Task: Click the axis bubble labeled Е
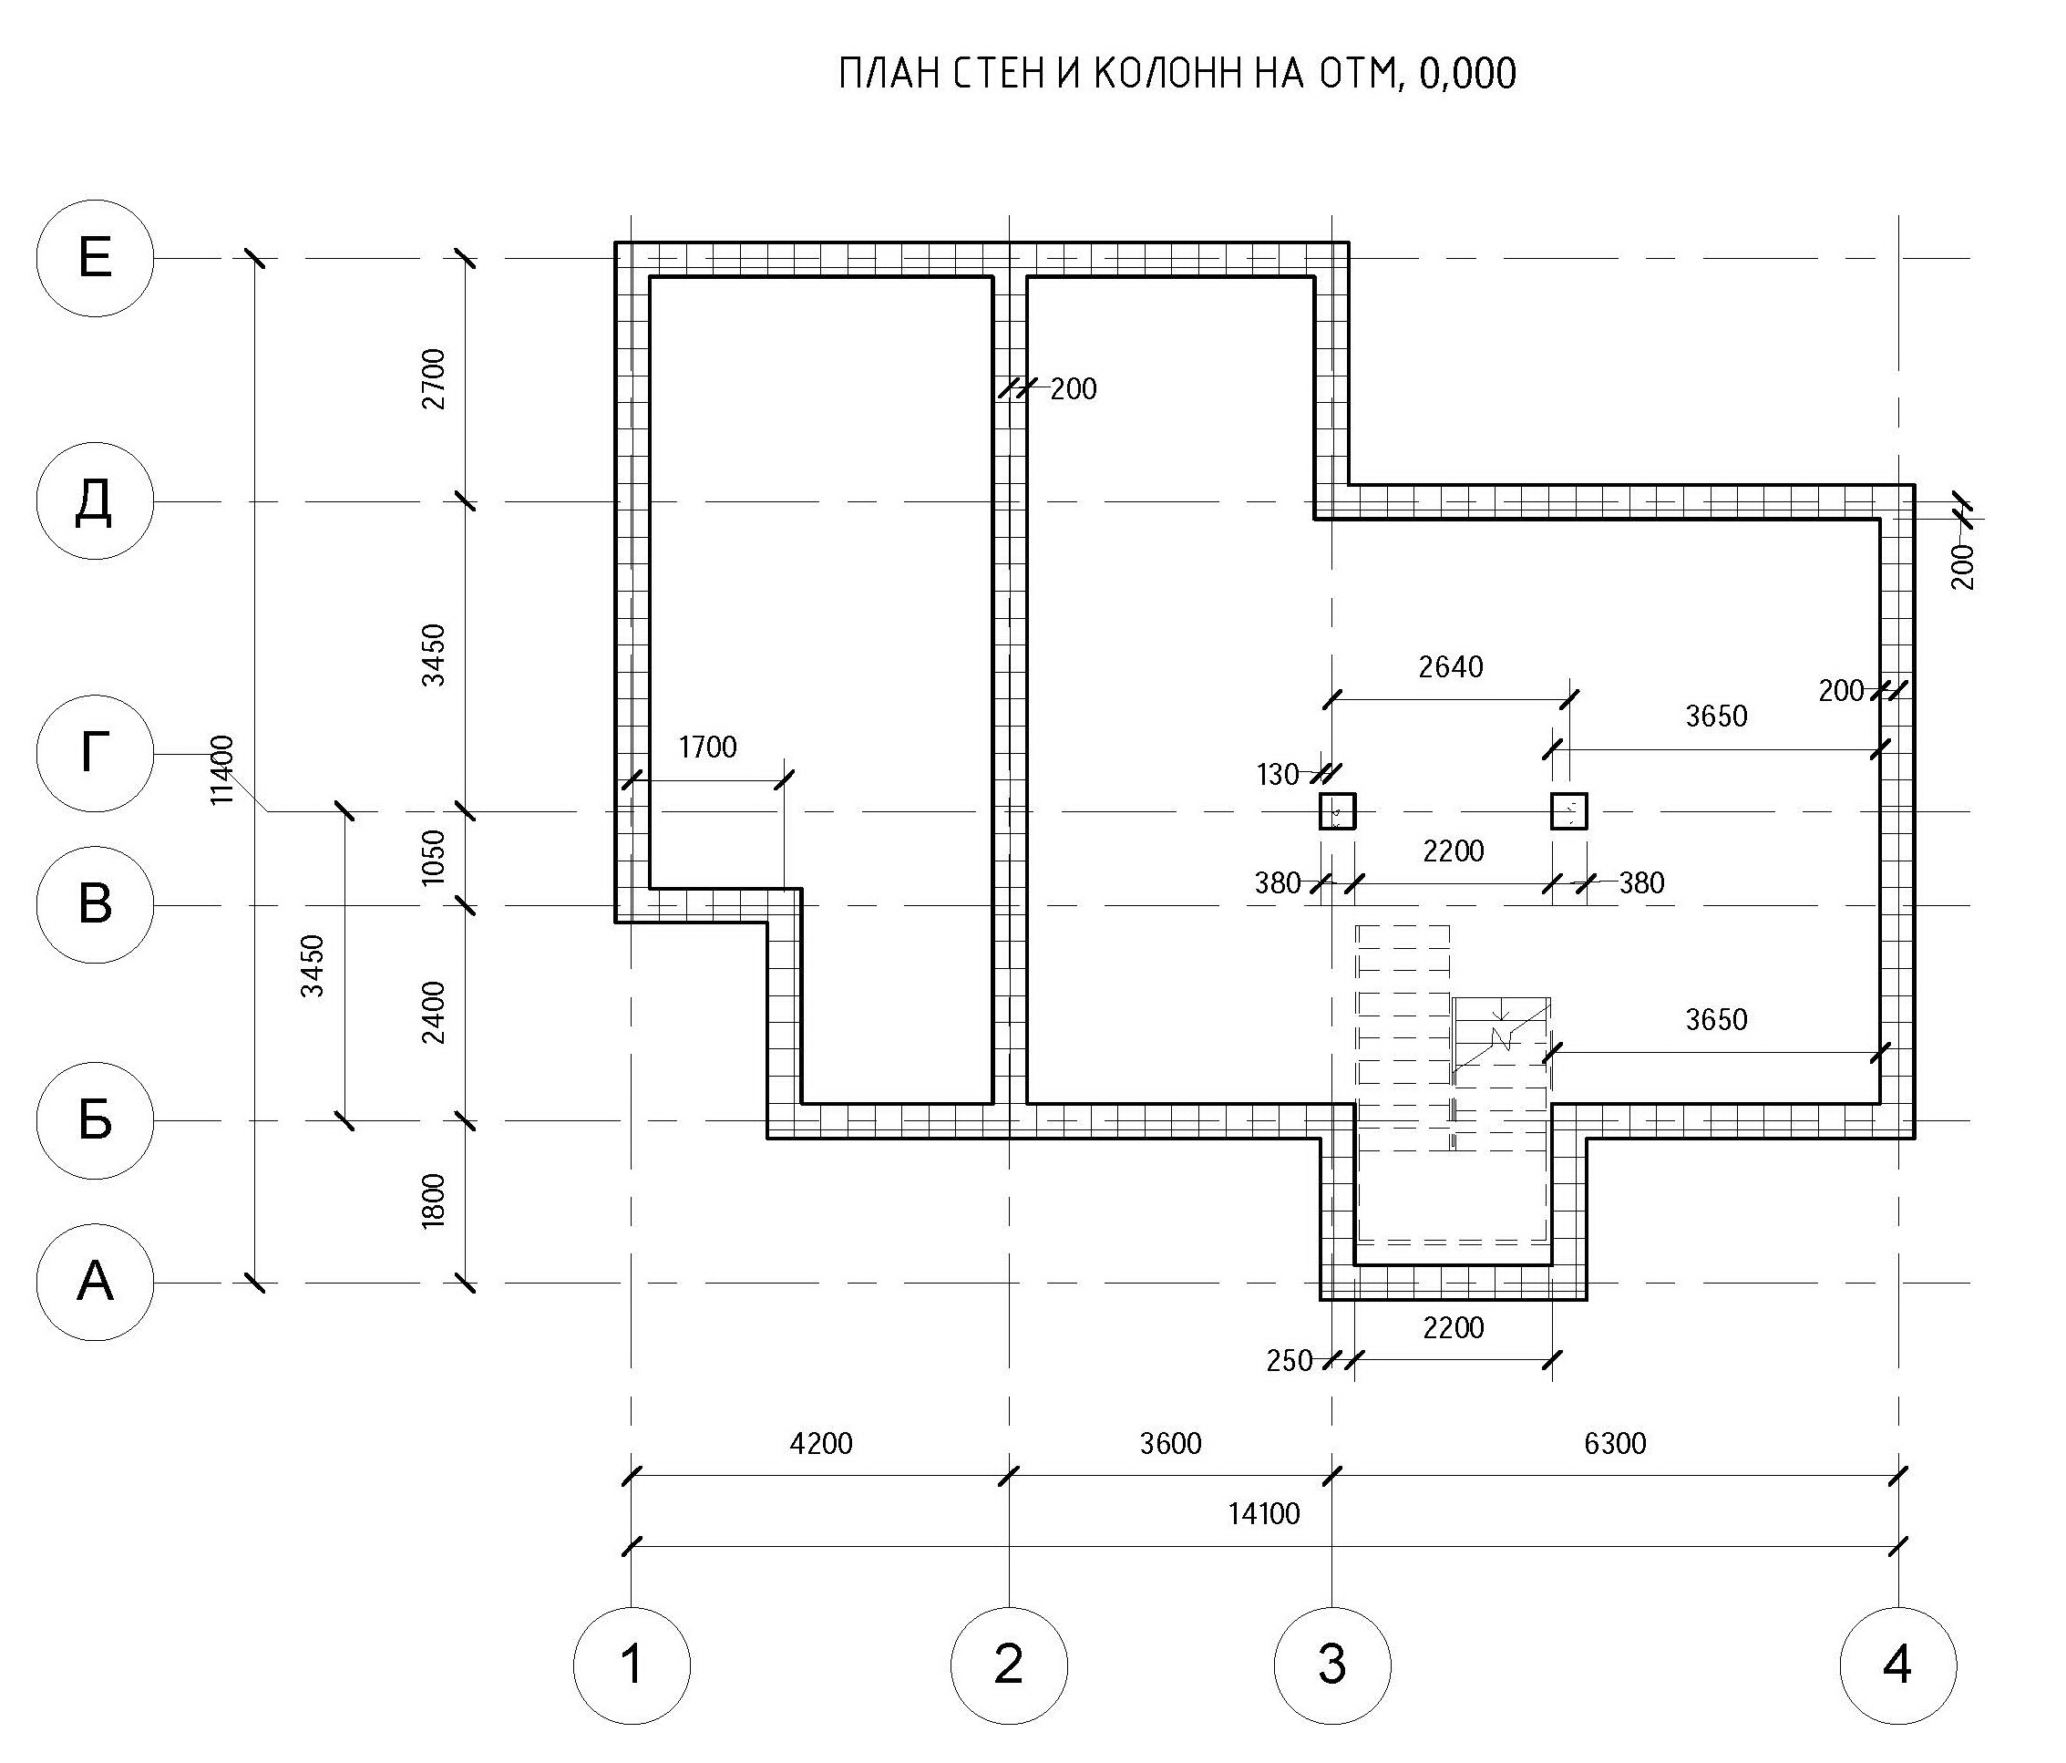95,258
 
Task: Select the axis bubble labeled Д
95,500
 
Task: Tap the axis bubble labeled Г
95,754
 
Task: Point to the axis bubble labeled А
95,1283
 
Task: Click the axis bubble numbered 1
632,1665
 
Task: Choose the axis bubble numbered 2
1009,1665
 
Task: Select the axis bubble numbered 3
1333,1665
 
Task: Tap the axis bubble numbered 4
1898,1665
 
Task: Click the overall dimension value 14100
1263,1514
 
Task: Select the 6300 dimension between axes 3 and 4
1615,1443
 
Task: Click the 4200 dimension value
820,1443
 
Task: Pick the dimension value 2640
1451,666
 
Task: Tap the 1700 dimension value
707,747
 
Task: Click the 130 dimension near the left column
1278,775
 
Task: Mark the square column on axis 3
1337,811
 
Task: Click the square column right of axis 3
1568,811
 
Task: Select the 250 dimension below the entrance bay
1289,1361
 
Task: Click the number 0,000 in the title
1466,74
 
